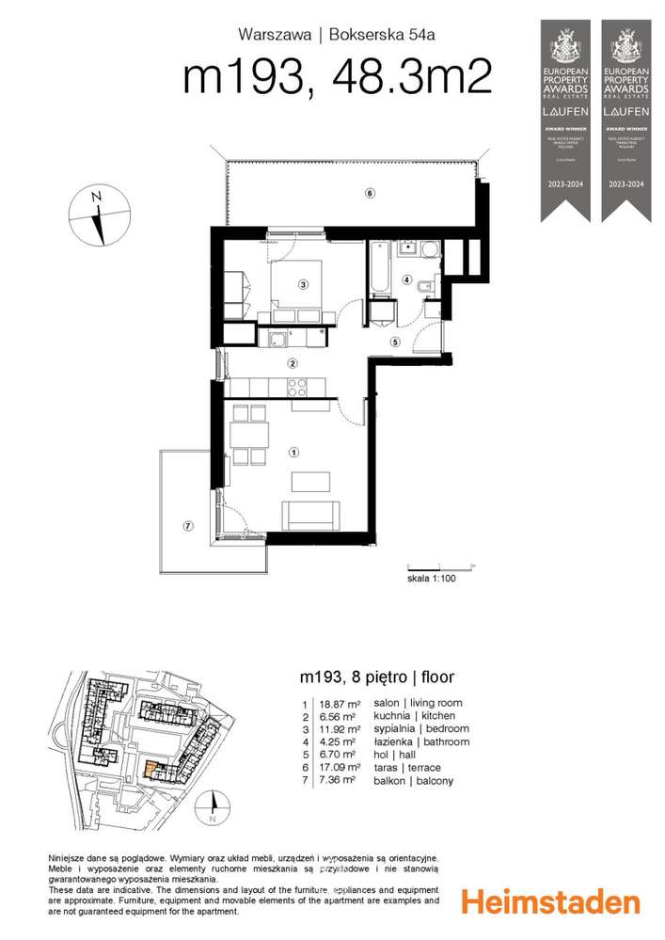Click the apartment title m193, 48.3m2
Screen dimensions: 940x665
point(337,78)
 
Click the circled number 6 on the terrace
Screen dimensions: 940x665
point(370,194)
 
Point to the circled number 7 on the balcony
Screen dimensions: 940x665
point(188,525)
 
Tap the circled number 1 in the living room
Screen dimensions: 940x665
point(294,453)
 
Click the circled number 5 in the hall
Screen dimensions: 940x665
point(396,342)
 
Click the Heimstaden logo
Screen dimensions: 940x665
point(550,902)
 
